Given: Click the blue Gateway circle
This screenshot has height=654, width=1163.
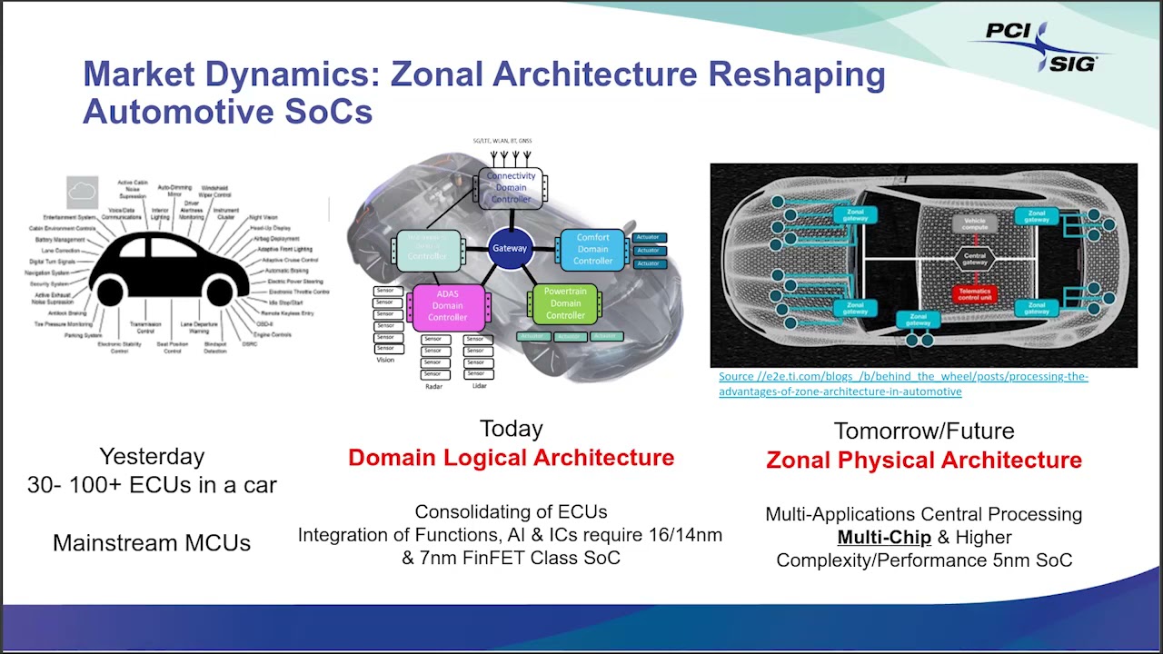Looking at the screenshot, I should point(510,248).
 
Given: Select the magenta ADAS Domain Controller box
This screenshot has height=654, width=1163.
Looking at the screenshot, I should point(447,306).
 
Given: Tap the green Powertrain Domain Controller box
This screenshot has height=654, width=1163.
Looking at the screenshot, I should point(565,303).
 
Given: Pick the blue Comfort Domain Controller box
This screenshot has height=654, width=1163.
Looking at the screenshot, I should point(592,249).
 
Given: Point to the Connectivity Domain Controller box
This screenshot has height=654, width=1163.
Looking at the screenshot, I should point(511,187).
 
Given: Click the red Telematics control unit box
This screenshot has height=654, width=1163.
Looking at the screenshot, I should point(973,294).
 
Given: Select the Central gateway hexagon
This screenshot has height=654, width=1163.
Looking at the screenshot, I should point(973,258).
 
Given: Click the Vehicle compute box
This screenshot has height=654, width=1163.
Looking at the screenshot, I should point(973,223).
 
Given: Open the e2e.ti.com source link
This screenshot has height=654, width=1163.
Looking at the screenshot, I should point(902,384).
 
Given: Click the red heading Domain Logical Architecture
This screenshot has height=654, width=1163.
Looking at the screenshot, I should point(511,458).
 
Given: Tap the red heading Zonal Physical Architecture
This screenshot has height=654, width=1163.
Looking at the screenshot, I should point(923,461).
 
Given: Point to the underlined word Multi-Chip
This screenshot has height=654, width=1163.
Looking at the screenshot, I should point(883,537).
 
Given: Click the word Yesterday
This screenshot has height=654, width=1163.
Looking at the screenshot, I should point(152,456).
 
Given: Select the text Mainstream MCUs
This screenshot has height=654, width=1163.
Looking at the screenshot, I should point(152,543).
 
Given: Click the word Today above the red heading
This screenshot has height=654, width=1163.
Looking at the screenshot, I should point(511,429).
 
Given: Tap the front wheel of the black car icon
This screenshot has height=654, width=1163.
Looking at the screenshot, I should point(220,292).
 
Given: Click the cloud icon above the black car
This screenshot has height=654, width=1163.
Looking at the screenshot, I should point(82,191).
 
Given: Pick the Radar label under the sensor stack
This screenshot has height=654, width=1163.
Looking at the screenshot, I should point(433,387).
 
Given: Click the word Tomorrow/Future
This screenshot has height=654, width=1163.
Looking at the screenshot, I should point(923,431).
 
